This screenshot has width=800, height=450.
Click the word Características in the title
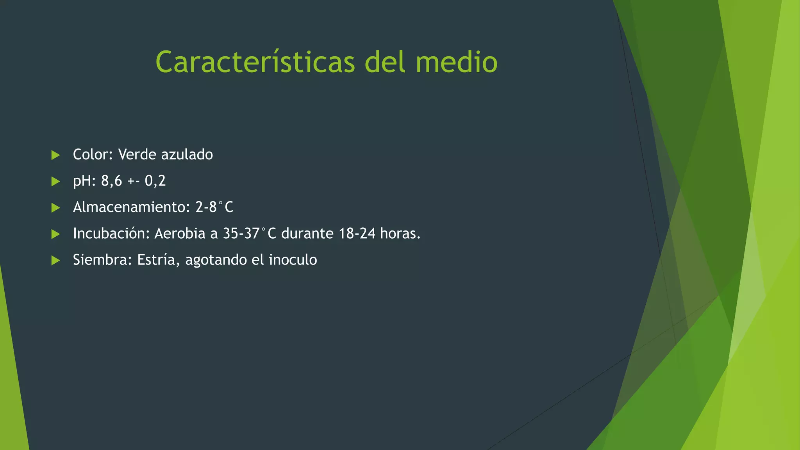(255, 62)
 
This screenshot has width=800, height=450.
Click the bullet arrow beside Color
(55, 155)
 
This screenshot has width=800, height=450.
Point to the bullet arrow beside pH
(55, 181)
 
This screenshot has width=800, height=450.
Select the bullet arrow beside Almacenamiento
(55, 207)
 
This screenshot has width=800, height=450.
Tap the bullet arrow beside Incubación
(55, 234)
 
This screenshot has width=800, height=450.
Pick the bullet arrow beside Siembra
(55, 260)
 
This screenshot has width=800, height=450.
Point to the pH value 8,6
(111, 181)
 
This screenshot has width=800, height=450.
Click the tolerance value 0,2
(155, 181)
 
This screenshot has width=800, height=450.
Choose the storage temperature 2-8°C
(214, 207)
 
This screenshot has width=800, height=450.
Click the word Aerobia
(180, 234)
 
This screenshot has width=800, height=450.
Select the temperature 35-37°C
(249, 234)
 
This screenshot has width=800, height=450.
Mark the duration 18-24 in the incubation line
(357, 234)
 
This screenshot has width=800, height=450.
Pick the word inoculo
(293, 260)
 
